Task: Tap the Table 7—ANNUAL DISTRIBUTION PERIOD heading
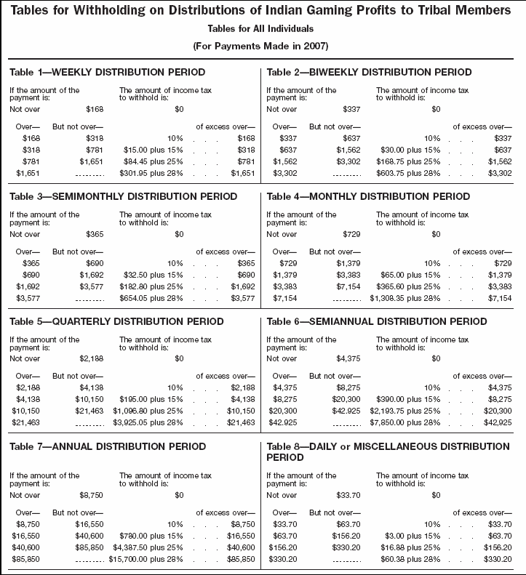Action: point(107,446)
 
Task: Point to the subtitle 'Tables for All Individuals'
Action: point(263,29)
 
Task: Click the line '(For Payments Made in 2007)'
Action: point(263,46)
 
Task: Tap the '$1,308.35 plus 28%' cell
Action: point(405,297)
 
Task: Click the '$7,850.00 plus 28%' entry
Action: point(405,422)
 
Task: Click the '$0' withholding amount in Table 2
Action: point(437,109)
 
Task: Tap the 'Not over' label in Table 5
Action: point(25,358)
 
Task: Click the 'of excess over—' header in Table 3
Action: point(225,252)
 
